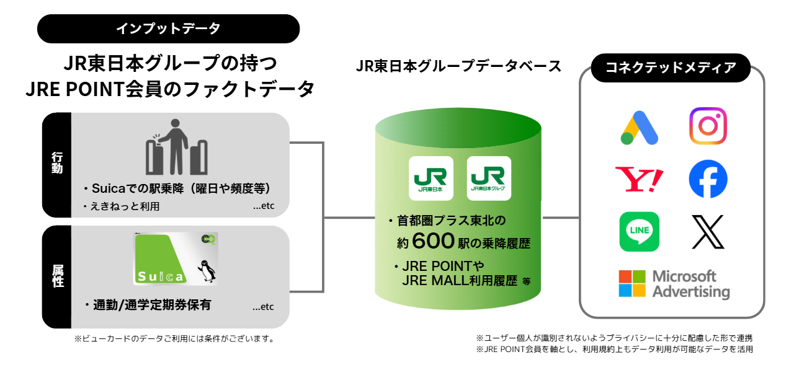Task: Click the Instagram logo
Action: pos(708,126)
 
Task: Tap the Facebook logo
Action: pos(708,179)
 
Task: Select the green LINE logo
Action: pos(639,232)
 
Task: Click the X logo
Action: pos(708,232)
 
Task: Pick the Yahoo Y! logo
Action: pos(639,179)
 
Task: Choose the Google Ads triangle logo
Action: pos(639,128)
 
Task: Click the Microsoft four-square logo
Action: pos(632,284)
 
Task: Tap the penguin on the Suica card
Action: pos(207,271)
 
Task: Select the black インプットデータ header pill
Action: pos(168,29)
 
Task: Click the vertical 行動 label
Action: pos(57,164)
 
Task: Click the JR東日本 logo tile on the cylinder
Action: pos(431,178)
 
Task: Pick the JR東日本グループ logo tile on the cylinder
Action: pos(488,178)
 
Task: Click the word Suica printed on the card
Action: pos(160,276)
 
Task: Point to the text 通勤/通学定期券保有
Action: pos(151,305)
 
